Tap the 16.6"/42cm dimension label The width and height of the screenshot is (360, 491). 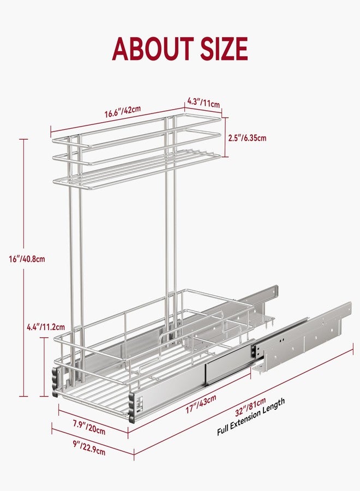[122, 111]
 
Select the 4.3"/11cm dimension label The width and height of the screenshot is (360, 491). [203, 103]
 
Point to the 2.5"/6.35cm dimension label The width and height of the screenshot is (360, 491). [247, 138]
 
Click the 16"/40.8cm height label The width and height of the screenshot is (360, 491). [27, 259]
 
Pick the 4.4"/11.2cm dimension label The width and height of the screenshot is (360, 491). [46, 327]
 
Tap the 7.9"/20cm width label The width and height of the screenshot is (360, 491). [89, 428]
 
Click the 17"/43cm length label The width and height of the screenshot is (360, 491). [201, 404]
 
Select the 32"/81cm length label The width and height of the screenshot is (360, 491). [250, 406]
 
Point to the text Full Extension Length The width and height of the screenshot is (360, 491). [251, 416]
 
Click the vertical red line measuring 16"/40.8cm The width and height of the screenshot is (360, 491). [23, 268]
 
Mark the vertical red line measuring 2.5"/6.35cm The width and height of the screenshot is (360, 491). [225, 137]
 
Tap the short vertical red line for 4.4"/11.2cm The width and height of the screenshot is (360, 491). [44, 367]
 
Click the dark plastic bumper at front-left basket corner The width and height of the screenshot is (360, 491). [56, 382]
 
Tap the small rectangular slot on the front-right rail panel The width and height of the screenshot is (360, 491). [140, 403]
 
